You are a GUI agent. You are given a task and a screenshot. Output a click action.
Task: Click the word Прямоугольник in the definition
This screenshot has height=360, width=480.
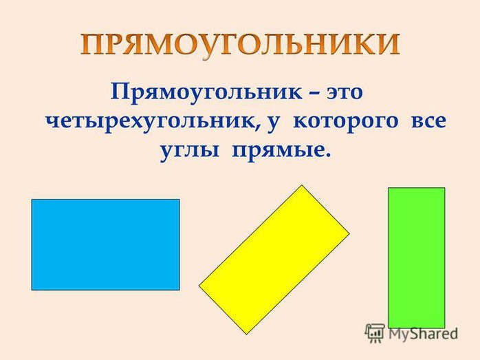click(x=206, y=92)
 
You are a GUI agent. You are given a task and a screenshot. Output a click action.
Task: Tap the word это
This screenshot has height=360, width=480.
click(x=345, y=92)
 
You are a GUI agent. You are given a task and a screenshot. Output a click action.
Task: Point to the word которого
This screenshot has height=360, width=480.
click(x=346, y=122)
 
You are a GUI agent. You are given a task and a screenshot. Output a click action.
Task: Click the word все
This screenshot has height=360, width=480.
click(x=428, y=121)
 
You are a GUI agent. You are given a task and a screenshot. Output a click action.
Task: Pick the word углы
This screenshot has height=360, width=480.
click(x=190, y=151)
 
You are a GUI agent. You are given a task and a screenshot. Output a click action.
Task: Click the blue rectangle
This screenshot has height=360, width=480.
click(x=106, y=244)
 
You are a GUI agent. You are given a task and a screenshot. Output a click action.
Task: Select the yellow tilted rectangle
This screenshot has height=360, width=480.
click(x=274, y=260)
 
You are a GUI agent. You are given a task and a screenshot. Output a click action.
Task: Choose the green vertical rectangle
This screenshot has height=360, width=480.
click(x=416, y=257)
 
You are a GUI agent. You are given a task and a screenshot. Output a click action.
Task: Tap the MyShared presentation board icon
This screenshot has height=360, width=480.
click(x=375, y=333)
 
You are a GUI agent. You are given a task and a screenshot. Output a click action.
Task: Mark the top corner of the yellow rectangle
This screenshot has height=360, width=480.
click(x=302, y=185)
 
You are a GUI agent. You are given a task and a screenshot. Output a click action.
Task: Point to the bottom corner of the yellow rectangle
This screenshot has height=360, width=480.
click(x=247, y=335)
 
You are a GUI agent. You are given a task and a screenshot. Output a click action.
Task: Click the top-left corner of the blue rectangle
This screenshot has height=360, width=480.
click(x=32, y=200)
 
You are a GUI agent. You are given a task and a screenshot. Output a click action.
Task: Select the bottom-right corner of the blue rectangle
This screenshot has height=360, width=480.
click(x=179, y=290)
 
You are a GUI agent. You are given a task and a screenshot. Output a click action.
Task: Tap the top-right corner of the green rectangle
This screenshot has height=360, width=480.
click(x=445, y=188)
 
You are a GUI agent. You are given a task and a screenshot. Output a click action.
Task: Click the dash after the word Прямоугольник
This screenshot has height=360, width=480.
click(x=314, y=93)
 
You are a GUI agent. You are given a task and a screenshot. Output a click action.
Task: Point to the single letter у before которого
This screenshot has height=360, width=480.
click(x=274, y=123)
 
